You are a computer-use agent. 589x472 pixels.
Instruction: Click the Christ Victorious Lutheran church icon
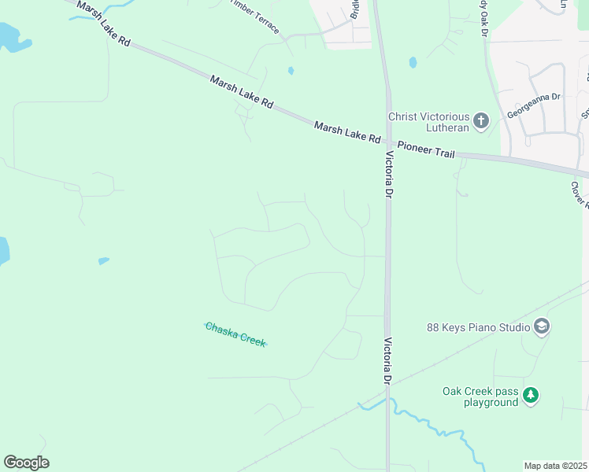(481, 122)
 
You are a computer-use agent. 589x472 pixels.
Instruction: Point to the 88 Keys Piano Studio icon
(541, 326)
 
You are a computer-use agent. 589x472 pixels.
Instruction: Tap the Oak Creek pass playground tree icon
(531, 395)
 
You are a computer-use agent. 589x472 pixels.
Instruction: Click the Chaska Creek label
(235, 334)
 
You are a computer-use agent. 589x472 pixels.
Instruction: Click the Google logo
(26, 463)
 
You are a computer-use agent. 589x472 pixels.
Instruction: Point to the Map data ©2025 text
(555, 466)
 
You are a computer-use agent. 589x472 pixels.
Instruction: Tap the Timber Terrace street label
(254, 15)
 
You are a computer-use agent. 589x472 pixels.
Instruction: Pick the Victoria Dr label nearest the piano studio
(387, 361)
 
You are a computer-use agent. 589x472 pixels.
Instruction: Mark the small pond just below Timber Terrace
(291, 71)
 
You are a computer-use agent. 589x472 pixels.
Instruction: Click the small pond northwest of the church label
(412, 62)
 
